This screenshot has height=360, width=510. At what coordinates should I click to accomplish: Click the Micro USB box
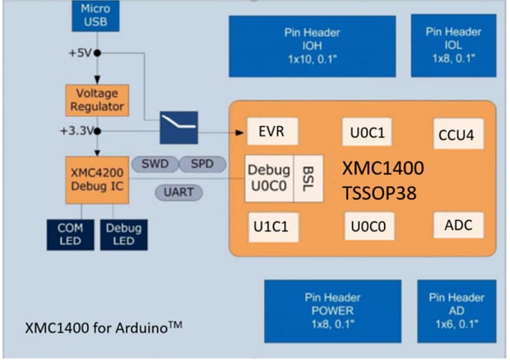point(97,16)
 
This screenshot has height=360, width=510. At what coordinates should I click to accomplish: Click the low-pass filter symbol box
point(178,125)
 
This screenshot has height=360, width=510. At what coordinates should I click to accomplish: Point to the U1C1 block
point(269,226)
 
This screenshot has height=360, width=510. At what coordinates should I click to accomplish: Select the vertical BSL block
point(308,179)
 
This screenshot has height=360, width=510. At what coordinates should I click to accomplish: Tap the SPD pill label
point(202,163)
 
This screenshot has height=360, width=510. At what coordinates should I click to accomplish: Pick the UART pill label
point(179,193)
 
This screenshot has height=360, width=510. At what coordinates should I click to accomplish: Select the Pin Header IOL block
point(454,45)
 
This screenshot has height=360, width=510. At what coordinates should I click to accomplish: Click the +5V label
point(79,52)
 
